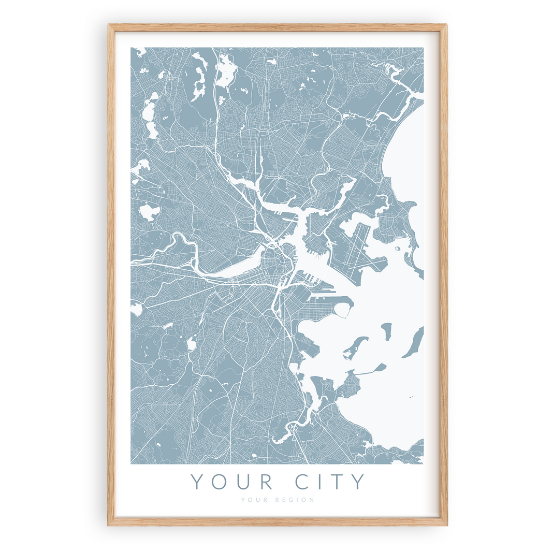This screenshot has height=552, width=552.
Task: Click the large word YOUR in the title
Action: (232, 482)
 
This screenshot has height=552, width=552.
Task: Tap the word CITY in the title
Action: (330, 482)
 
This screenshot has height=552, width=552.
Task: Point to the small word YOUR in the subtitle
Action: (252, 500)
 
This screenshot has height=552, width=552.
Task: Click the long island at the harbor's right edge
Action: (413, 342)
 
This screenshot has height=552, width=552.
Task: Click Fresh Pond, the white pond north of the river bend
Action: (150, 212)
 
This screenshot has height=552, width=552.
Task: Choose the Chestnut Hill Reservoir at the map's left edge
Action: (136, 310)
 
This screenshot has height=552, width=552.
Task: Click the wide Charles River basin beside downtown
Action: (228, 269)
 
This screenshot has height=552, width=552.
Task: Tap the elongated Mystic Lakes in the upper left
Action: (151, 119)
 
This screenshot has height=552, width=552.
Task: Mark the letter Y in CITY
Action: (358, 482)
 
